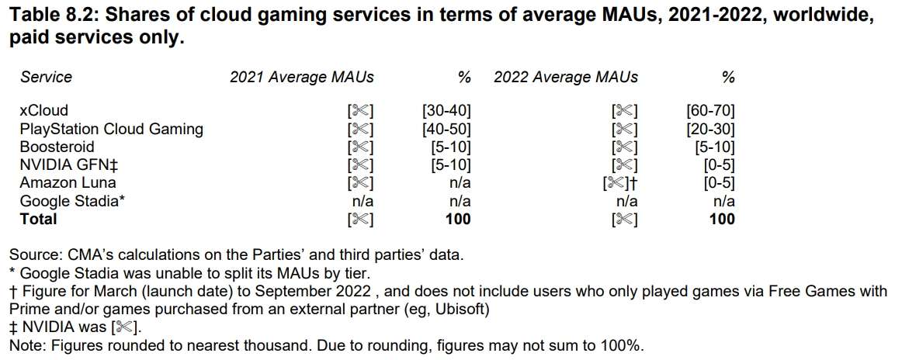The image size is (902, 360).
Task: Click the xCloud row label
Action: coord(43,111)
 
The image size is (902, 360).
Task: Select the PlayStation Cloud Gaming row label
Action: coord(111,129)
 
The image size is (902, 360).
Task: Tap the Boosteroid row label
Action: coord(57,147)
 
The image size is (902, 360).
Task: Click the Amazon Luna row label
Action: coord(68,183)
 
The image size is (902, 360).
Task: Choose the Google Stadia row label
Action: coord(72,201)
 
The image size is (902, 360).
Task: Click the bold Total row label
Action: coord(38,219)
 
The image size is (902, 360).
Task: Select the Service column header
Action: coord(46,77)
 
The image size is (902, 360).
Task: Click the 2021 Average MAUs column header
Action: coord(302,77)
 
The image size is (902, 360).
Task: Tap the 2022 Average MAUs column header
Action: coord(566,77)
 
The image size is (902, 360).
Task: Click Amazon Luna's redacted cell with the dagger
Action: coord(620,183)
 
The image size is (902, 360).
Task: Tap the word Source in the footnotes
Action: coord(33,254)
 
